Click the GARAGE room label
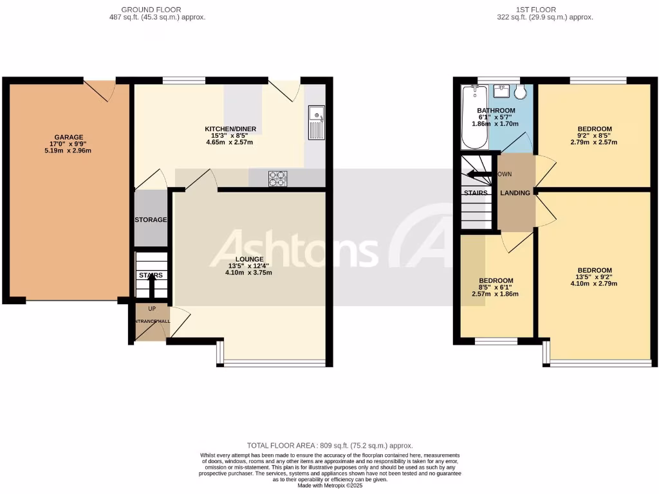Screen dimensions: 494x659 pyautogui.click(x=68, y=137)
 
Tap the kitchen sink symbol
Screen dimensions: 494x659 pyautogui.click(x=317, y=122)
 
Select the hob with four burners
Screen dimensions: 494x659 pyautogui.click(x=277, y=178)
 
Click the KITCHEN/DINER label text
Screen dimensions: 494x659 pyautogui.click(x=230, y=129)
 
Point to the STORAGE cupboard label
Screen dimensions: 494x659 pyautogui.click(x=151, y=220)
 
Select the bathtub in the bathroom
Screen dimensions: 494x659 pyautogui.click(x=474, y=116)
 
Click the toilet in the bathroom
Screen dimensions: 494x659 pyautogui.click(x=520, y=92)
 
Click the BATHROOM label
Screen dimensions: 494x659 pyautogui.click(x=496, y=111)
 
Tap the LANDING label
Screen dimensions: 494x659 pyautogui.click(x=515, y=193)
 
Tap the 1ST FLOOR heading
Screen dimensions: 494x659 pyautogui.click(x=535, y=10)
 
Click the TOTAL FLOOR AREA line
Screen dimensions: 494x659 pyautogui.click(x=329, y=445)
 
